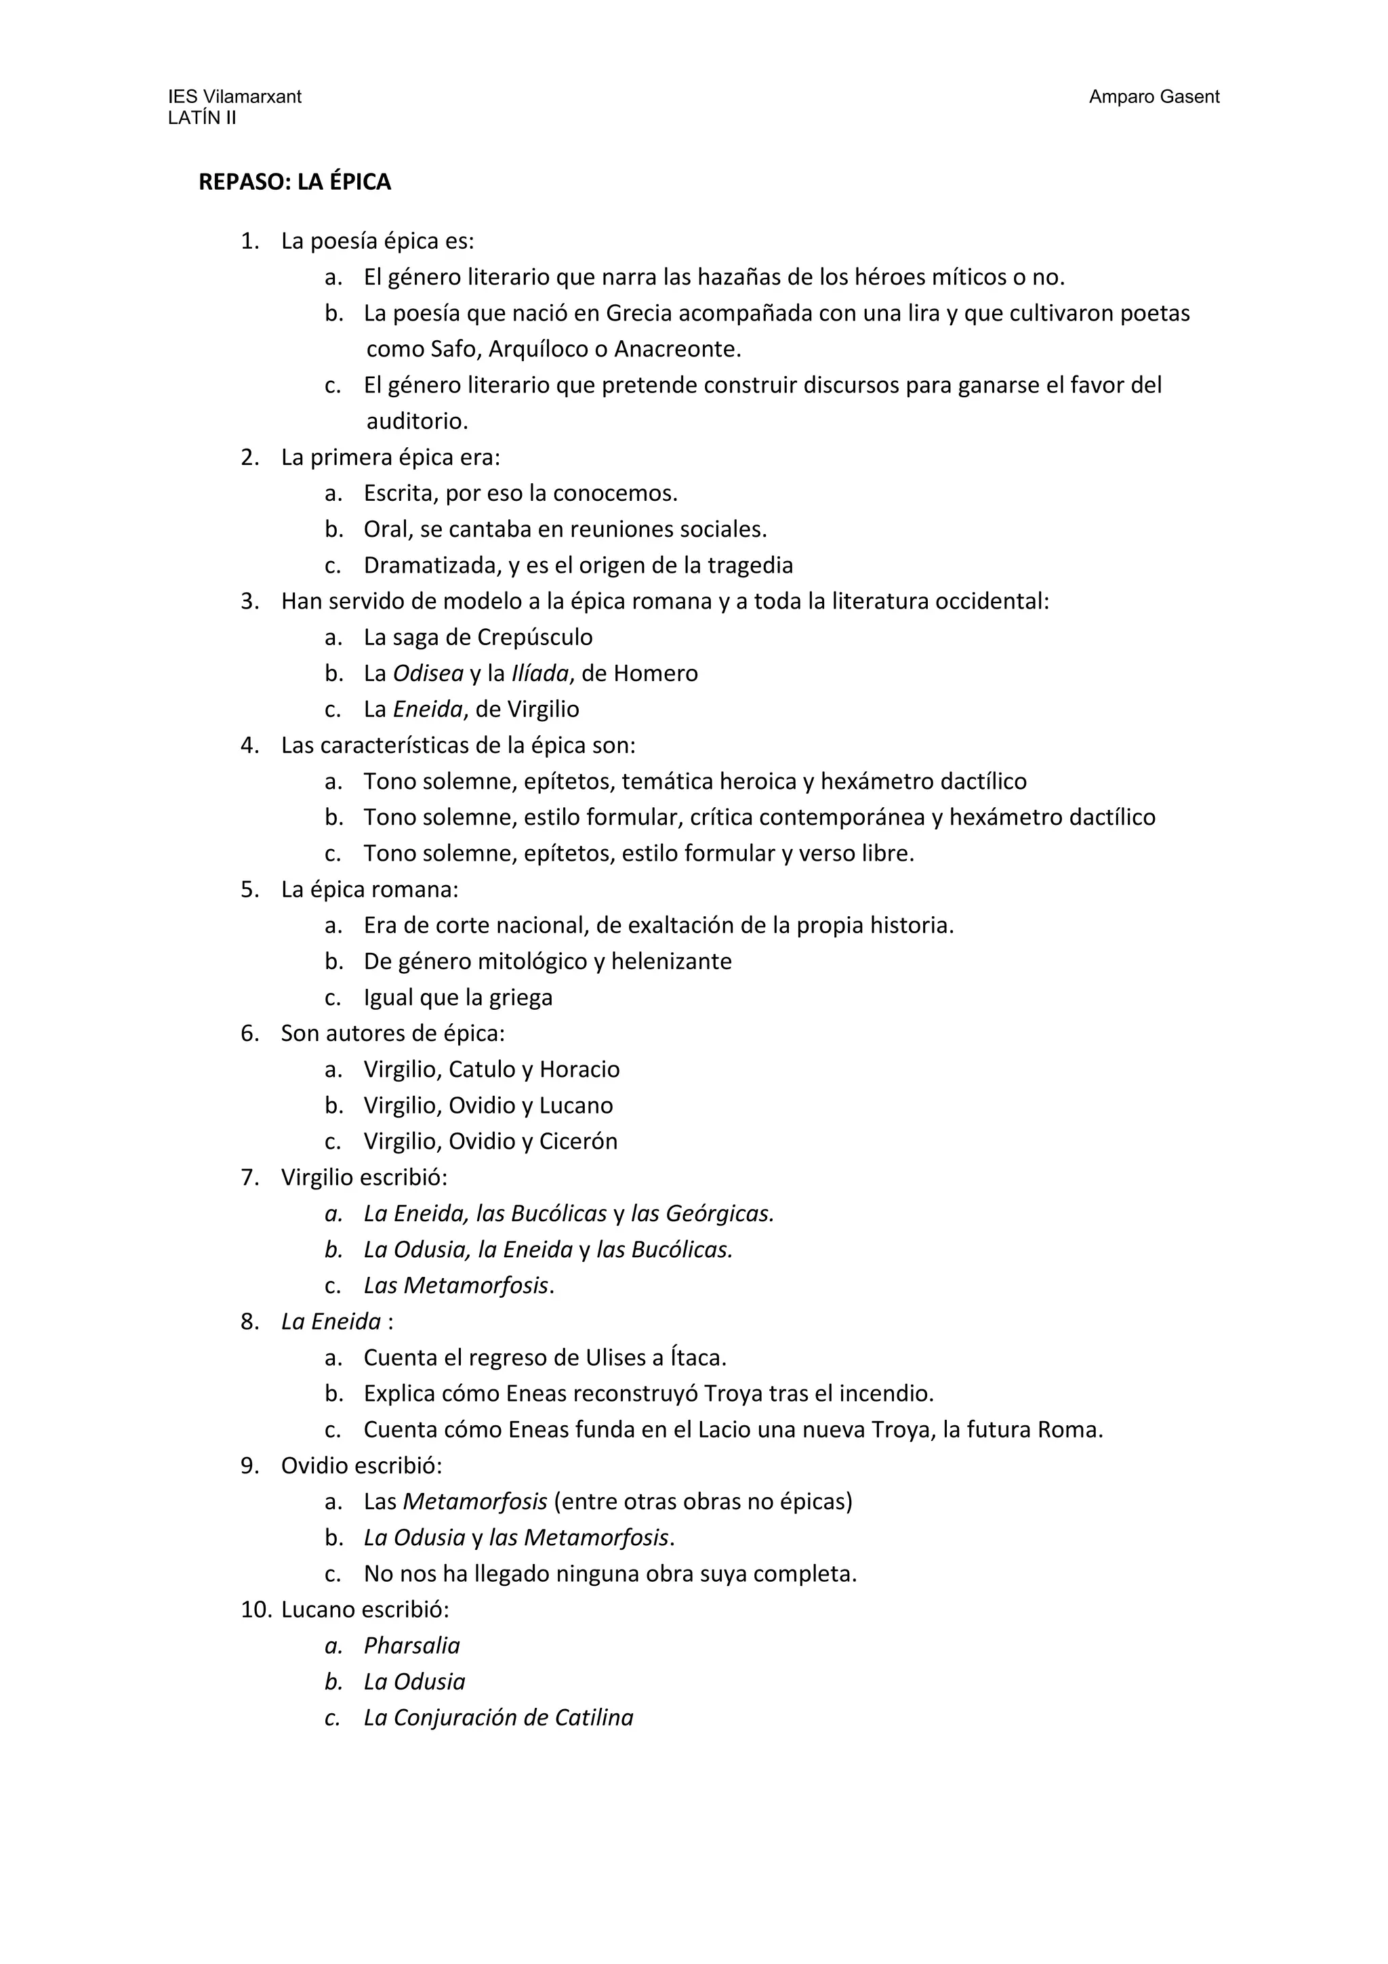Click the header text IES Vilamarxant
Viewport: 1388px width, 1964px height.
tap(234, 97)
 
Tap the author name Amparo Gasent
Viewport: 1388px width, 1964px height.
tap(1154, 97)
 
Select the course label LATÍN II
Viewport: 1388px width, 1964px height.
tap(202, 118)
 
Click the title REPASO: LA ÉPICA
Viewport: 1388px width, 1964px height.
tap(294, 182)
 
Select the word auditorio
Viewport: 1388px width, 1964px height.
tap(417, 421)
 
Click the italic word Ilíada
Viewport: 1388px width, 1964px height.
tap(539, 673)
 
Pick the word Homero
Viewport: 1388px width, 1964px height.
tap(656, 673)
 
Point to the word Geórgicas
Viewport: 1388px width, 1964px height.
tap(719, 1213)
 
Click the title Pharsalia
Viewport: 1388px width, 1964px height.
tap(411, 1645)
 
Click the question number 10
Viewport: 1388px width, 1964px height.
tap(255, 1609)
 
